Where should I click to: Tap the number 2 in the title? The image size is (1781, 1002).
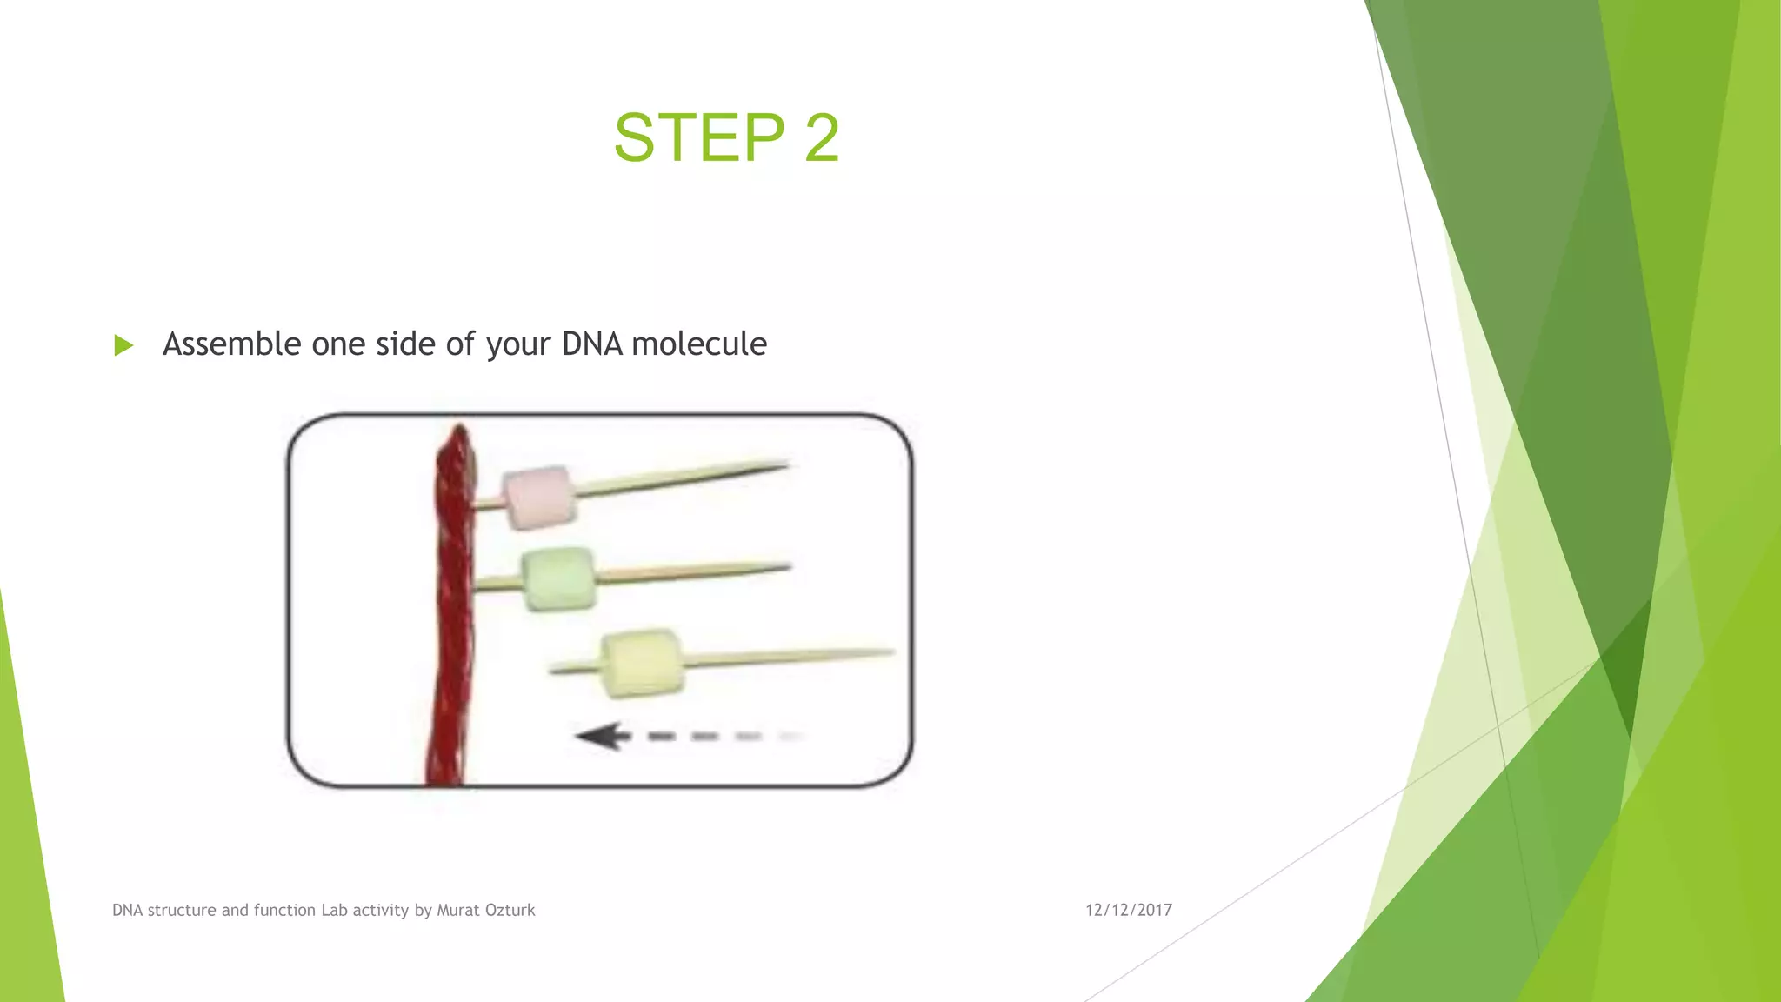coord(822,137)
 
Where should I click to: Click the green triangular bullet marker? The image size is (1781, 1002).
coord(123,345)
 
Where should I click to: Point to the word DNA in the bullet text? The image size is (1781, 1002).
coord(591,344)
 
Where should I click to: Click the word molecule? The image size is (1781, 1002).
coord(699,344)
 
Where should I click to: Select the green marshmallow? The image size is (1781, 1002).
coord(559,578)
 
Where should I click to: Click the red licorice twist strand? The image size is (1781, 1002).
coord(452,609)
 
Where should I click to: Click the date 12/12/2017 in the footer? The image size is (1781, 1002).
coord(1128,910)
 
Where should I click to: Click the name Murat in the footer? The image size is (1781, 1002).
coord(456,910)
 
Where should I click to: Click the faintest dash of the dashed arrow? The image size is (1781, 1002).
coord(790,737)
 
